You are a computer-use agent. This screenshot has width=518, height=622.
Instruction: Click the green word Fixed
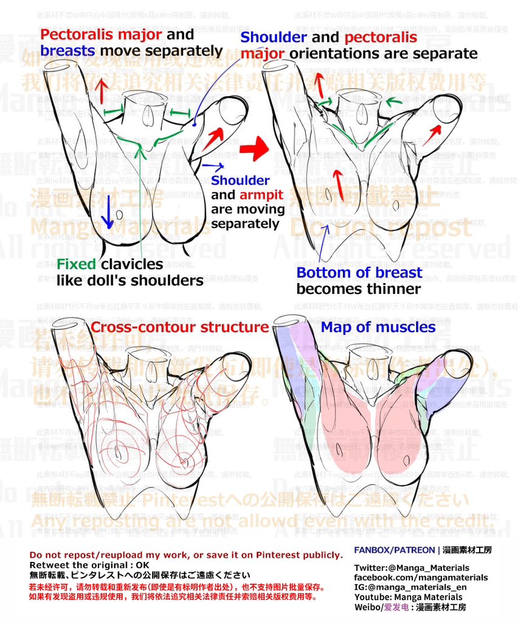point(76,264)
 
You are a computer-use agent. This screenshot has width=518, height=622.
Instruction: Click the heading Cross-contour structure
point(179,327)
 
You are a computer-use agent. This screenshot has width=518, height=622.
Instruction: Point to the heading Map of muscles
point(378,327)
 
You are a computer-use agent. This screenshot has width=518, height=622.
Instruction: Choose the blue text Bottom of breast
point(359,272)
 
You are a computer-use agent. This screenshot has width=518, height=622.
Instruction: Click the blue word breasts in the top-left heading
point(67,50)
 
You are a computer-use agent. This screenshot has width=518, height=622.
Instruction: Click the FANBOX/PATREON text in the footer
point(393,550)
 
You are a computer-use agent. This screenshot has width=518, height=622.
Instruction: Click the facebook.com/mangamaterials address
point(421,578)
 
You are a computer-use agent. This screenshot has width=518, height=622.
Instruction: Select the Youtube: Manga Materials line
point(408,597)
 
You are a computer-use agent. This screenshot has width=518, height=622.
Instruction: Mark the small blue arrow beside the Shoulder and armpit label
point(213,165)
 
